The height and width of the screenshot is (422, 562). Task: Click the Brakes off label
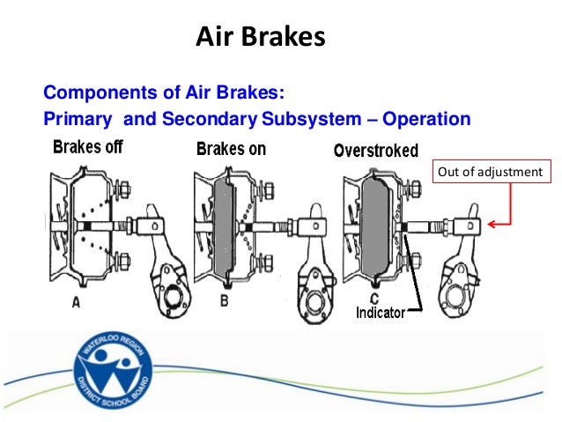point(87,147)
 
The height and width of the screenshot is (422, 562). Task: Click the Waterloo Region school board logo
point(114,369)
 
